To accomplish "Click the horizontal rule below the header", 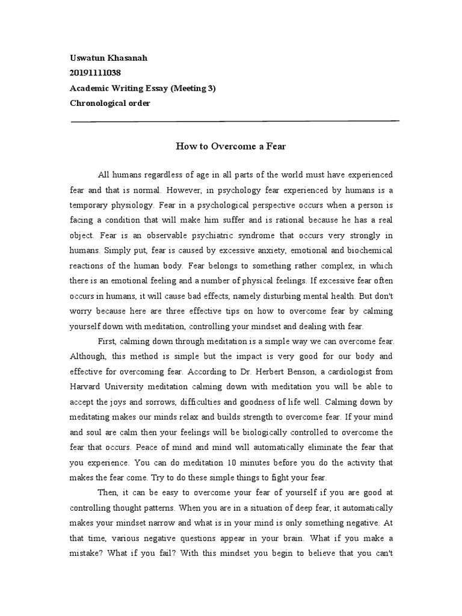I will [235, 122].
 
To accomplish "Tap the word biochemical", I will [368, 250].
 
